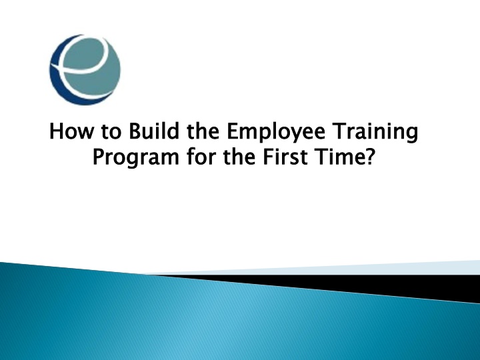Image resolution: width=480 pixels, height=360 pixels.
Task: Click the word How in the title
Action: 71,131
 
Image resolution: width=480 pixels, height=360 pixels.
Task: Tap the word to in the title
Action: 111,132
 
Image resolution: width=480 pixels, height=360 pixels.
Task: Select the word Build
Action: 154,131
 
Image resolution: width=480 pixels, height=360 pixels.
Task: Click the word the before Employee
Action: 203,131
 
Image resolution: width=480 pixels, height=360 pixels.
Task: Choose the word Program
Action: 135,158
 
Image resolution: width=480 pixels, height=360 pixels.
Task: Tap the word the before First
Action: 239,156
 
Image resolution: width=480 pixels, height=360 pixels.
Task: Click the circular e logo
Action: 85,70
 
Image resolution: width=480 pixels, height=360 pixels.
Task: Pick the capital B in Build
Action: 135,131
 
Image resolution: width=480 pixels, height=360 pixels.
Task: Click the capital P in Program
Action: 99,157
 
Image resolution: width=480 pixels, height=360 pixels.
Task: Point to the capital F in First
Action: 269,157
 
